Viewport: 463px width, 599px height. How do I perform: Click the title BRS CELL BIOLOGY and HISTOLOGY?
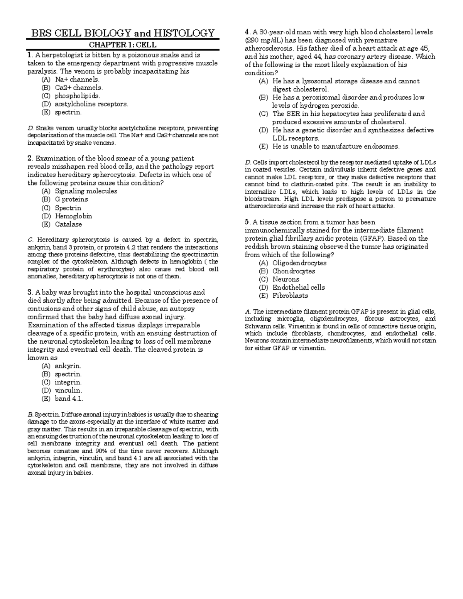pyautogui.click(x=122, y=33)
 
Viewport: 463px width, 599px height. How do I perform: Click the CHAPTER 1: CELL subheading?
pyautogui.click(x=123, y=45)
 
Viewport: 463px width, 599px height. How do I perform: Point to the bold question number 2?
pyautogui.click(x=30, y=159)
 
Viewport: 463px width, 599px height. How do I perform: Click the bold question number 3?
pyautogui.click(x=30, y=292)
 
